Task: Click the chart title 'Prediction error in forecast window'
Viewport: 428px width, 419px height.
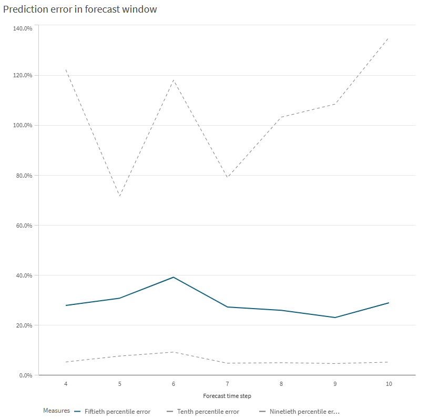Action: [x=80, y=9]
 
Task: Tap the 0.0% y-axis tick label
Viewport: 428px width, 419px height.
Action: [x=25, y=375]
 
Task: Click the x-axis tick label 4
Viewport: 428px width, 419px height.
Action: [x=66, y=384]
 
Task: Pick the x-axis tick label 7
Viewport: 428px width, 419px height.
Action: [x=227, y=384]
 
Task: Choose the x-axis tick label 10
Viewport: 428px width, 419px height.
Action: [x=389, y=384]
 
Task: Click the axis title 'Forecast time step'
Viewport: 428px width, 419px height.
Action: [x=227, y=395]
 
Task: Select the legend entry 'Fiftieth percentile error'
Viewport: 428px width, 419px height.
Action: [x=117, y=412]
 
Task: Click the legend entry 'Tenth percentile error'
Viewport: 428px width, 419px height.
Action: [x=208, y=412]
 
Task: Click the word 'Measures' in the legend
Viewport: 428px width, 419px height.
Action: [x=56, y=411]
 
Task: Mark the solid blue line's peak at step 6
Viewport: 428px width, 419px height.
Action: [x=174, y=277]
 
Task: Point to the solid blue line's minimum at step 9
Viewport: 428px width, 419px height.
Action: [x=335, y=318]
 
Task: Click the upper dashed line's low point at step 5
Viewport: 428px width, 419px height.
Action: [x=119, y=197]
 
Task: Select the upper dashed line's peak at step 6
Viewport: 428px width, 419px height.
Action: [x=174, y=80]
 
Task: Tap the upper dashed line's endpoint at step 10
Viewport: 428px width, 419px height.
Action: [x=389, y=38]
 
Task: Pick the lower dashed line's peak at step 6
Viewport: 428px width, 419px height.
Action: [x=174, y=352]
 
